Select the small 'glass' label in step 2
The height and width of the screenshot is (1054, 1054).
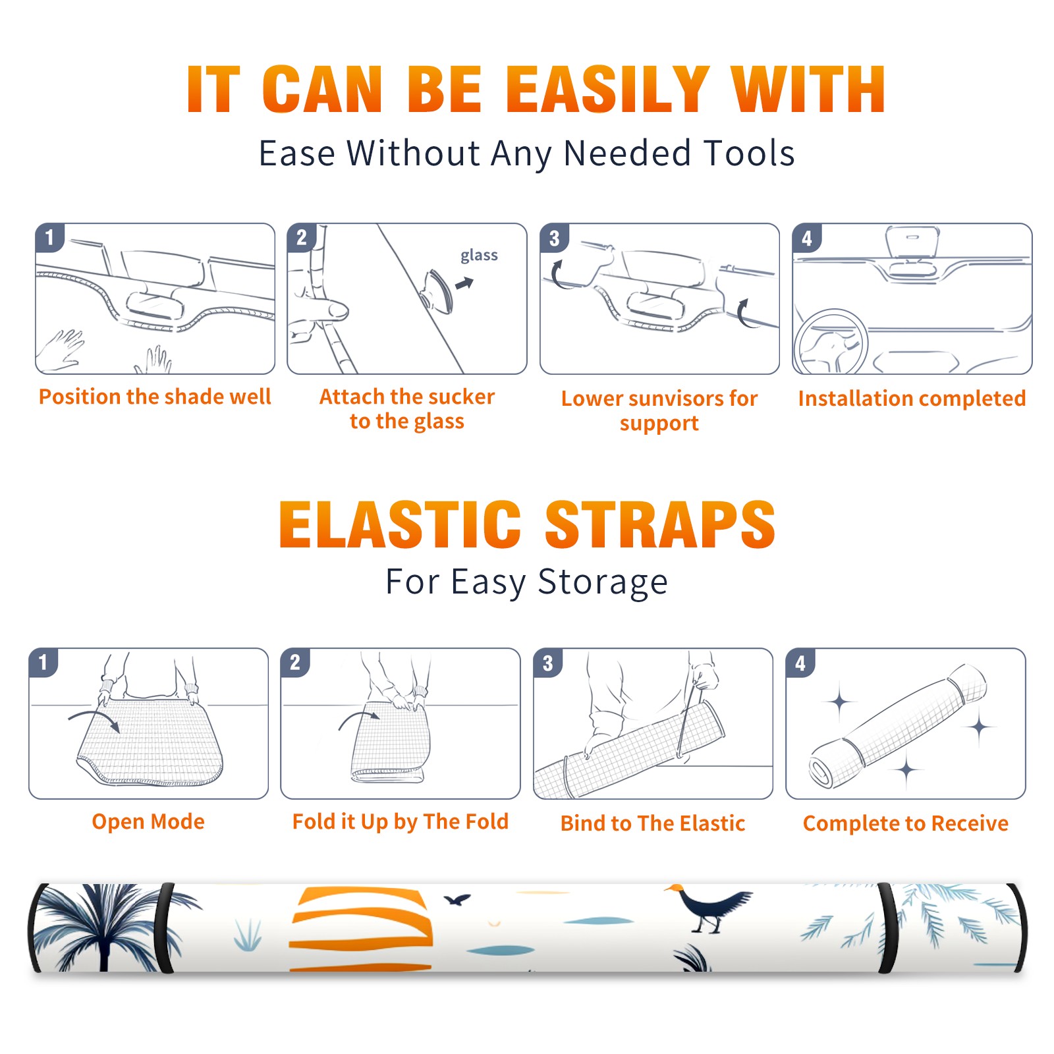pos(479,255)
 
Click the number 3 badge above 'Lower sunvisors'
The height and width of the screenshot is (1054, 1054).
pos(555,238)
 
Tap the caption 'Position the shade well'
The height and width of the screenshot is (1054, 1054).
pos(155,397)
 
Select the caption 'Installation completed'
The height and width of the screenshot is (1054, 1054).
pos(912,398)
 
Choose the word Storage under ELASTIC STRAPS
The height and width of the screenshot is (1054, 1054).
pos(603,582)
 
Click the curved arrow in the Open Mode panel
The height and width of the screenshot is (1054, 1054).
pos(94,719)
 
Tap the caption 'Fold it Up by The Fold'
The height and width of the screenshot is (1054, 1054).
pos(401,821)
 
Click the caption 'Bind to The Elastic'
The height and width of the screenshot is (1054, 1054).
pos(653,823)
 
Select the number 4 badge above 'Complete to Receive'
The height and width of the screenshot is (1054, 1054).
pos(800,663)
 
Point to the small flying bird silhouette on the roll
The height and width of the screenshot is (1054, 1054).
pos(457,899)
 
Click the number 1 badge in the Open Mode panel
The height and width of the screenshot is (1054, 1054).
pos(43,663)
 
